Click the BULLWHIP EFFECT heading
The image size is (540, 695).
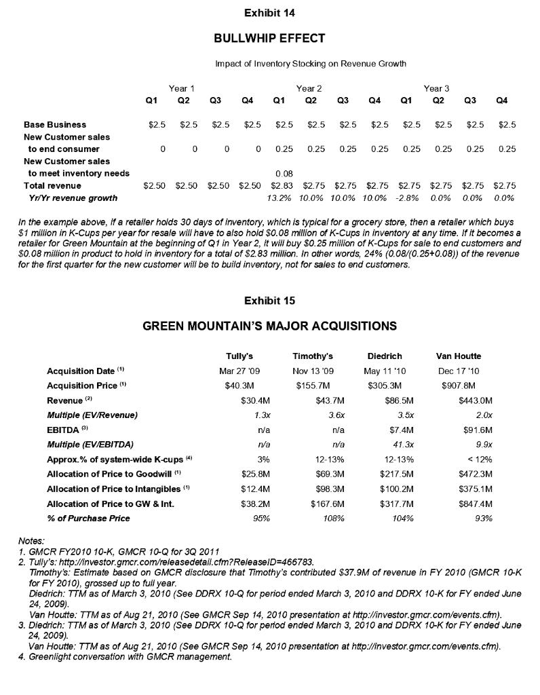pos(269,38)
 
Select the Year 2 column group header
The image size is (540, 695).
pos(309,88)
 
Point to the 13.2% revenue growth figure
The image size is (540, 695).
pos(279,198)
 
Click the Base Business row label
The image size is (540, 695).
pos(55,125)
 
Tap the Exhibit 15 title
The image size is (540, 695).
pos(269,301)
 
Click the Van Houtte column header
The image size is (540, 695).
pos(459,356)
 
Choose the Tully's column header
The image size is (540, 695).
pos(239,356)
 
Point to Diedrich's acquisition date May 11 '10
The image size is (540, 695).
pos(385,371)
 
